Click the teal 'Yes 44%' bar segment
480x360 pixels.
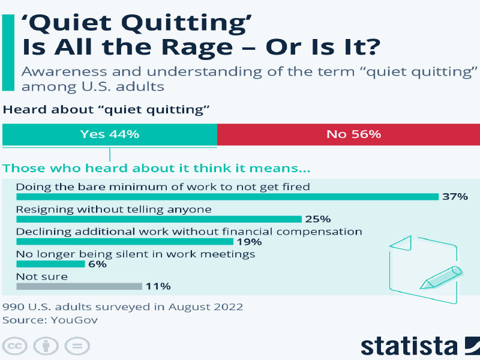(110, 134)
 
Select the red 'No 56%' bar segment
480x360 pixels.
(349, 134)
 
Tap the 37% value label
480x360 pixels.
(455, 197)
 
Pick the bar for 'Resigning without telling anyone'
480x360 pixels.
(159, 219)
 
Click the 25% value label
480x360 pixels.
(318, 219)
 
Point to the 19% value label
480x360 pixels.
(250, 242)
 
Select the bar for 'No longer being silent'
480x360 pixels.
(50, 264)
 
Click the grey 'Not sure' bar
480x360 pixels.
(79, 286)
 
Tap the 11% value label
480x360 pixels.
(158, 286)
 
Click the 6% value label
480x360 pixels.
(97, 264)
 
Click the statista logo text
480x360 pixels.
(409, 346)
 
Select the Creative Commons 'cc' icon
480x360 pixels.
(14, 346)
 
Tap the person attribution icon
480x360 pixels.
(46, 346)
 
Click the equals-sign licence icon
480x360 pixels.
(77, 346)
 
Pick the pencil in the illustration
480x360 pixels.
(441, 278)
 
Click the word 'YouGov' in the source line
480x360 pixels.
(74, 320)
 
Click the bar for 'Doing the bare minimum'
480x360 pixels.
(227, 197)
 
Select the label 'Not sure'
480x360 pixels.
(42, 277)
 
